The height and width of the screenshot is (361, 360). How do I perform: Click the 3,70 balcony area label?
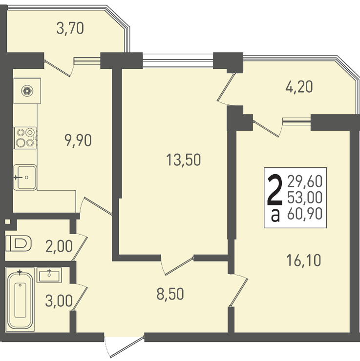tap(70, 28)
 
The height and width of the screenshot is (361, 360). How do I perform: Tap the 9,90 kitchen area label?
tap(78, 140)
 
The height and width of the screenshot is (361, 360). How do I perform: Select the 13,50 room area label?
tap(184, 160)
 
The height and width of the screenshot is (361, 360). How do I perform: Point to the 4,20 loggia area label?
tap(299, 87)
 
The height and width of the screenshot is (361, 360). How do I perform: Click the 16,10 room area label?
tap(303, 260)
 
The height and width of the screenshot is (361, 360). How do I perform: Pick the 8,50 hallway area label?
tap(170, 294)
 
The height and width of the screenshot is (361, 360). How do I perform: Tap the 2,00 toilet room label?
tap(59, 246)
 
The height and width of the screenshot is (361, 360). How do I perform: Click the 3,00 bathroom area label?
tap(59, 301)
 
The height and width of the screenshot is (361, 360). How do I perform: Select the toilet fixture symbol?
tap(18, 243)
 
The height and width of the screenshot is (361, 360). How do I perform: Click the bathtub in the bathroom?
tap(20, 300)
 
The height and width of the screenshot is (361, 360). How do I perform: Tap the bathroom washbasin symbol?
tap(49, 275)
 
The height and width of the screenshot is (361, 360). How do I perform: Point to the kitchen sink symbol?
tap(25, 177)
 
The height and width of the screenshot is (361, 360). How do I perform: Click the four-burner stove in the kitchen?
tap(25, 138)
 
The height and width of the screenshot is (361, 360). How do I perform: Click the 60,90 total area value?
tap(304, 213)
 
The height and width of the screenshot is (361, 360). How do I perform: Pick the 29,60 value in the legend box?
tap(304, 181)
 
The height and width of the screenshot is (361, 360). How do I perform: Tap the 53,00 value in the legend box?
tap(304, 197)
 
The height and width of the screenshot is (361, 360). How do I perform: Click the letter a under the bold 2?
tap(275, 215)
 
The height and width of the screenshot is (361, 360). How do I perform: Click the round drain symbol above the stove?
tap(27, 91)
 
